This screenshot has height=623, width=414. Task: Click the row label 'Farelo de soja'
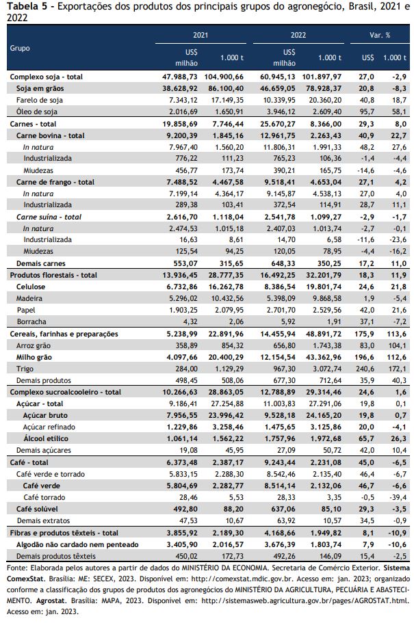[x=40, y=100]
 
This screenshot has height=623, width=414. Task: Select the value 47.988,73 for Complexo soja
[x=180, y=77]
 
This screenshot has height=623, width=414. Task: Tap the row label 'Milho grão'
[x=34, y=357]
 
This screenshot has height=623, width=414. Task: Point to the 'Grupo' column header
[x=20, y=48]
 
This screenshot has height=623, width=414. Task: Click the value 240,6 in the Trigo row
[x=365, y=369]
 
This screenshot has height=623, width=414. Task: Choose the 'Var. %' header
[x=380, y=35]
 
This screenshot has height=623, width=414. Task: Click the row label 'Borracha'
[x=31, y=322]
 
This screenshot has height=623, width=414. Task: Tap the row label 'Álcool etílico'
[x=46, y=438]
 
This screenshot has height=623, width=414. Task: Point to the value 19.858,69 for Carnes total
[x=180, y=124]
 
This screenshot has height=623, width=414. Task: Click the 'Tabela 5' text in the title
[x=24, y=6]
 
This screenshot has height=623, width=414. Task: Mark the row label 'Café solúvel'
[x=37, y=509]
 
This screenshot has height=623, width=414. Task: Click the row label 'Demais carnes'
[x=40, y=263]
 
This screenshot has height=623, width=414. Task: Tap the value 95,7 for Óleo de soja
[x=366, y=111]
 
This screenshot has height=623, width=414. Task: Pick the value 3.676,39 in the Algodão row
[x=278, y=545]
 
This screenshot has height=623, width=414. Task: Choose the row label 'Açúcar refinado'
[x=49, y=427]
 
